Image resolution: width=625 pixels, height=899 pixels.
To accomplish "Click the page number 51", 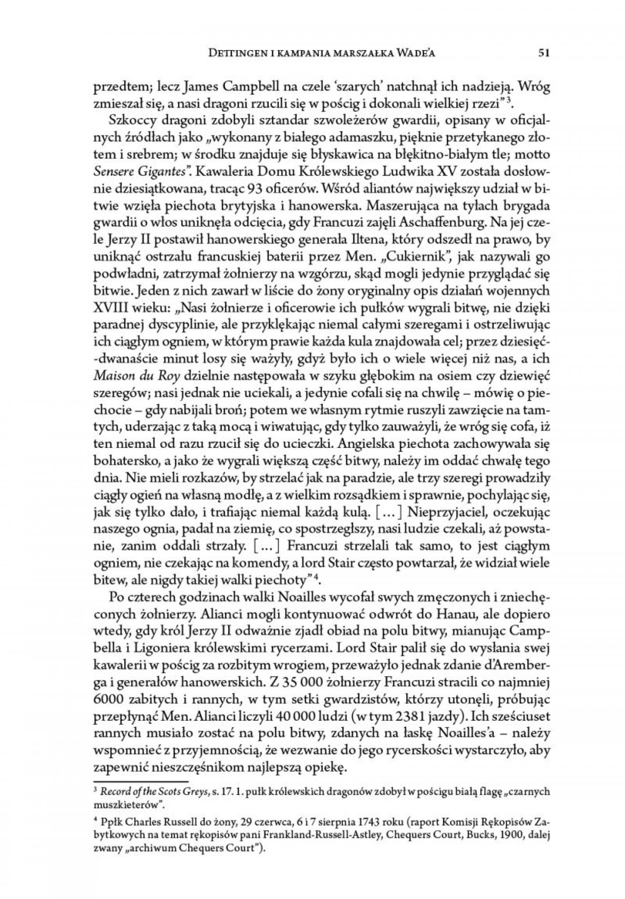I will [x=543, y=53].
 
